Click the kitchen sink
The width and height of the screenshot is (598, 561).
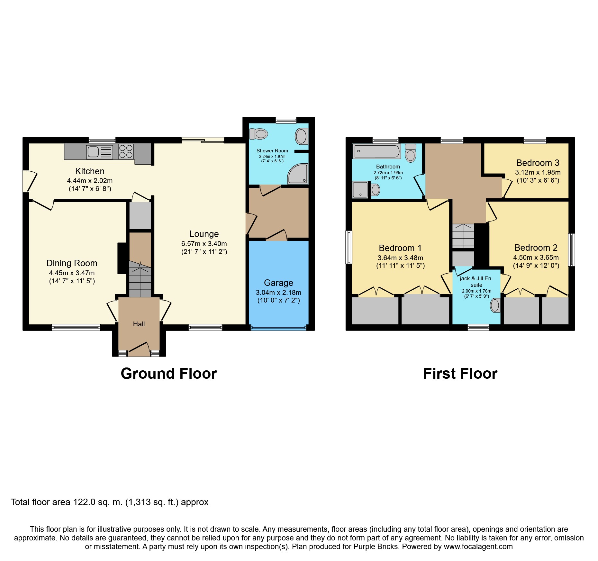coord(100,152)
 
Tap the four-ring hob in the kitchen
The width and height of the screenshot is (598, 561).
coord(126,151)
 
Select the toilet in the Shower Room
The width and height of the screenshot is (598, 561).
coord(258,134)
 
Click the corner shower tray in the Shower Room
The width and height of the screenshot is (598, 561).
coord(298,174)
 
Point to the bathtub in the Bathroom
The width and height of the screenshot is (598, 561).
coord(377,151)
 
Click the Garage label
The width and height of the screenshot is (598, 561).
coord(278,283)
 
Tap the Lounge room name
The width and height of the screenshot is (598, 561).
coord(204,234)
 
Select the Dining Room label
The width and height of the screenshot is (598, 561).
coord(72,263)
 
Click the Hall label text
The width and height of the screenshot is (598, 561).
coord(139,324)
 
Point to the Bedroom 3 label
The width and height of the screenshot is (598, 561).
coord(538,163)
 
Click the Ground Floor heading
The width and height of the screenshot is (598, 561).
coord(169,374)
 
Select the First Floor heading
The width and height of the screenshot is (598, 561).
coord(460,374)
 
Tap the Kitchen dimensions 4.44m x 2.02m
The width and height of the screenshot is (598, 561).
coord(90,181)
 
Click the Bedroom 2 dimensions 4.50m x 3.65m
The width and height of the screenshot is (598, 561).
coord(536,258)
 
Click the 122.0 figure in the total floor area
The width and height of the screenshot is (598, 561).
coord(84,502)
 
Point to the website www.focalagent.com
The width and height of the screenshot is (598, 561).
coord(478,547)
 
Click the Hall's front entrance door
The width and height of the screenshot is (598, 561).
coord(139,349)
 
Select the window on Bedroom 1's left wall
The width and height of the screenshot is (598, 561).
coord(349,247)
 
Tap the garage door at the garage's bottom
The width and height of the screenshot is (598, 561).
coord(278,328)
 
